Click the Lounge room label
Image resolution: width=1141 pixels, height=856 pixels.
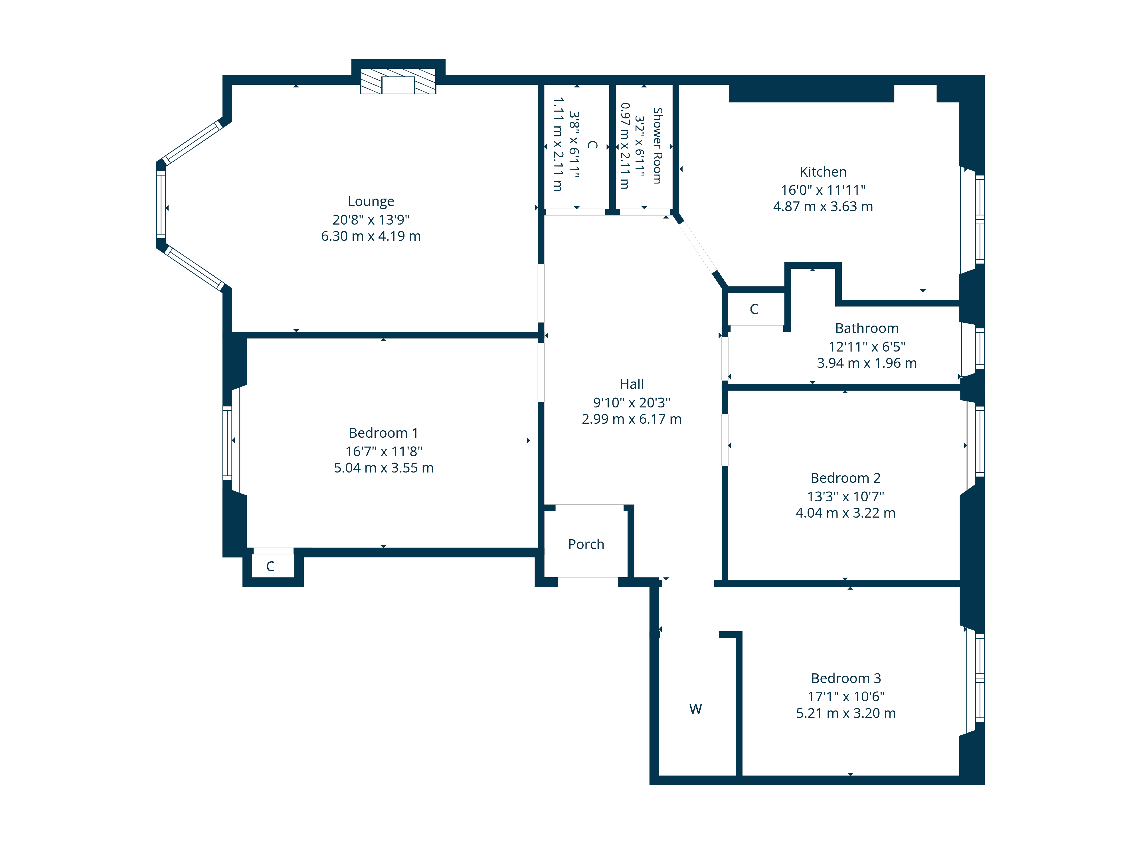[371, 201]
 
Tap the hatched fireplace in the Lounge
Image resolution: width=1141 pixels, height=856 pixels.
[398, 82]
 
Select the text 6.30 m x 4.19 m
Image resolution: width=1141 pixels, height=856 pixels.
[371, 236]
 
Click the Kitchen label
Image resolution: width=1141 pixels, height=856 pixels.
[823, 172]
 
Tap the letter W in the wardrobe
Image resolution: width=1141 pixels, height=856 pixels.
[695, 709]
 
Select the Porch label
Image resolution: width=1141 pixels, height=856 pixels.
[586, 544]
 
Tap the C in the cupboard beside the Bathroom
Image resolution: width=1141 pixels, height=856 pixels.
[754, 309]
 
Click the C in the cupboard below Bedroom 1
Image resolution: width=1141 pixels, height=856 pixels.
[270, 567]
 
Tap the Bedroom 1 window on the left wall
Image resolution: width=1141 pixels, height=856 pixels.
[227, 443]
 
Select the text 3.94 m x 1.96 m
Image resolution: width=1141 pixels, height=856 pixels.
[867, 363]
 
